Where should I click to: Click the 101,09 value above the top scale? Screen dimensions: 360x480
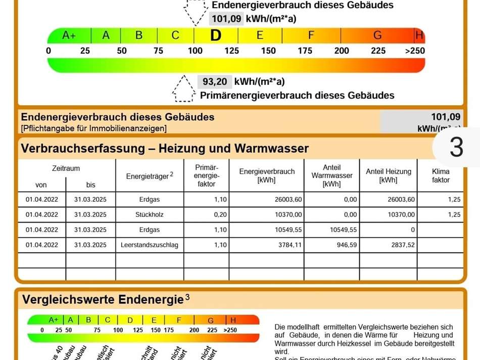coord(226,19)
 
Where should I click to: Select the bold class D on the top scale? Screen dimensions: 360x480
coord(216,35)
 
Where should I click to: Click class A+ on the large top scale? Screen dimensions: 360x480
coord(69,35)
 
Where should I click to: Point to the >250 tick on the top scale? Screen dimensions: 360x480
coord(415,51)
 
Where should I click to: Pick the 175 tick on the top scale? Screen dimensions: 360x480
coord(305,51)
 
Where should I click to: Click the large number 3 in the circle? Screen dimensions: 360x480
coord(456,147)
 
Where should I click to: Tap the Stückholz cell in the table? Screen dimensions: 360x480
coord(149,214)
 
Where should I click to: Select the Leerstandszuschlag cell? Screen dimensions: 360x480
coord(149,245)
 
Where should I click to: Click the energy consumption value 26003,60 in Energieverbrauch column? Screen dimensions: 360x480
coord(288,199)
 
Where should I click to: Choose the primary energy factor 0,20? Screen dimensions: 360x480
coord(220,214)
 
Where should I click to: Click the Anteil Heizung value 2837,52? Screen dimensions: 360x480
coord(402,245)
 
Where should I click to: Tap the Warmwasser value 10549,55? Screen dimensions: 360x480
coord(343,230)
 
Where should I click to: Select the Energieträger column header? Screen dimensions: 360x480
coord(149,175)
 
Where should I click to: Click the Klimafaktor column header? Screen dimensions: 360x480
coord(441,175)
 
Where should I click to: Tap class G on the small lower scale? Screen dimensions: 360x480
coord(211,320)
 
